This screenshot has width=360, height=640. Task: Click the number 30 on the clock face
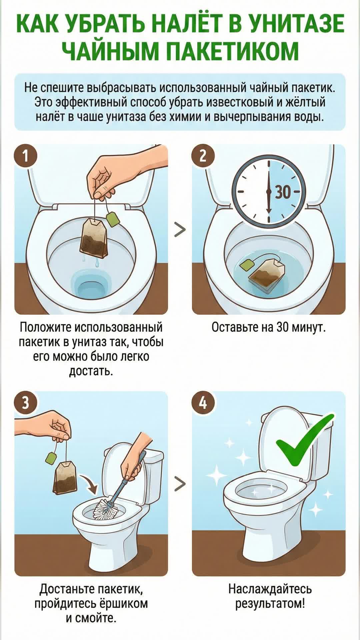coord(283,192)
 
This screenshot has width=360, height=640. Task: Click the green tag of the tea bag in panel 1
coord(113,219)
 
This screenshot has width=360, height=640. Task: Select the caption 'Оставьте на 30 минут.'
coord(269,327)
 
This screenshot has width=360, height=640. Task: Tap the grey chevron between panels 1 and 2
coord(180,230)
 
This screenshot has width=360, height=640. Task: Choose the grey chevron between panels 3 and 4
coord(180,484)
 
